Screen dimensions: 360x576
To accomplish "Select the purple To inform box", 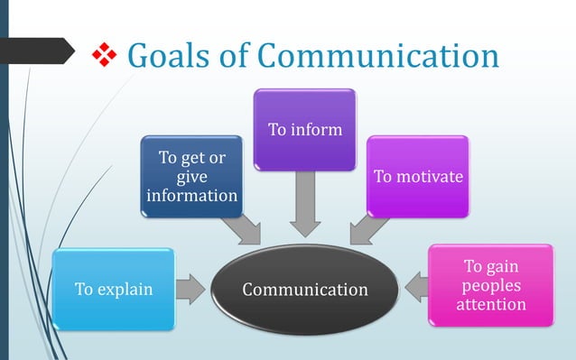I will tap(304, 130).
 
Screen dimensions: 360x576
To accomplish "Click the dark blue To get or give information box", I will tap(191, 177).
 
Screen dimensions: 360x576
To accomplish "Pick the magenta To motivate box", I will tap(418, 176).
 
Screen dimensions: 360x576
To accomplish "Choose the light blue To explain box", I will tap(113, 290).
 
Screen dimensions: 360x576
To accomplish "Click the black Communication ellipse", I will tap(304, 290).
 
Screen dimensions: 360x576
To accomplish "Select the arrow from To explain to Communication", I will tap(190, 290).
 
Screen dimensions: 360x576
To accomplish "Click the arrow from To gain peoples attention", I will tap(415, 287).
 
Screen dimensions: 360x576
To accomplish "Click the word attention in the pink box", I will tap(490, 304).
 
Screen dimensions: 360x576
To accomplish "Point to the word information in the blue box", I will tap(191, 195).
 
